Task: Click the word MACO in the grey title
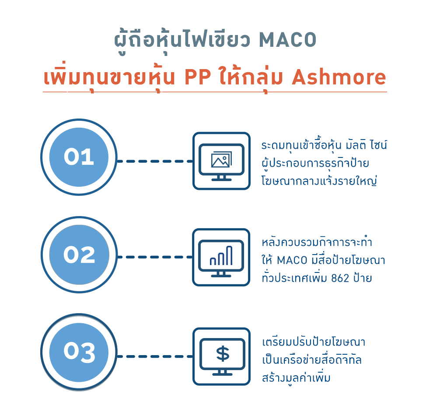(288, 40)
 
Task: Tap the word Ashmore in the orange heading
(339, 77)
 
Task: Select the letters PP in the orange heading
(198, 77)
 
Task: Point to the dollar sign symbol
(223, 354)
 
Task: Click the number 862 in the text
(340, 278)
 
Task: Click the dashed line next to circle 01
(155, 161)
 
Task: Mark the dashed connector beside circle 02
(155, 257)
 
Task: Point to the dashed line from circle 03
(155, 356)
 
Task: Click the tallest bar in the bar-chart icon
(229, 255)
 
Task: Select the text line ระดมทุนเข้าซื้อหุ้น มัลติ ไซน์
(324, 145)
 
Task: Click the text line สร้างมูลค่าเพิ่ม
(296, 378)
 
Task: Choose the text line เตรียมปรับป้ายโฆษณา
(314, 342)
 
